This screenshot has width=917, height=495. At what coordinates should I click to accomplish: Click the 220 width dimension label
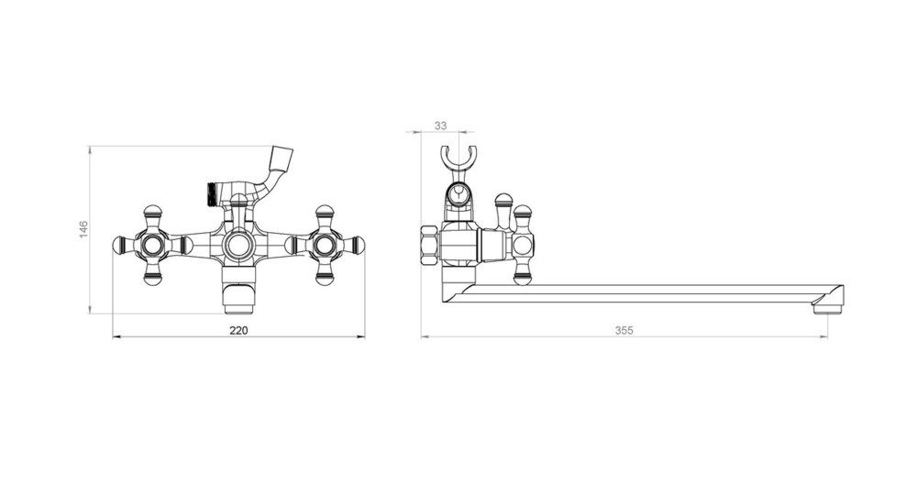coord(238,330)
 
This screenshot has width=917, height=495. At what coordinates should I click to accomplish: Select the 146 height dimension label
coord(83,229)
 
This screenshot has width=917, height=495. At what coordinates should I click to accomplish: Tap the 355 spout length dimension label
coord(624,330)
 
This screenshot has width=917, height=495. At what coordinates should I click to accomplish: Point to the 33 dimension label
coord(441,126)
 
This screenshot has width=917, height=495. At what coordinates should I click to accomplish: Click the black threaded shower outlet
coord(212,194)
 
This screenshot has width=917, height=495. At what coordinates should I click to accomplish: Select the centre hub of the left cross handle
coord(152,245)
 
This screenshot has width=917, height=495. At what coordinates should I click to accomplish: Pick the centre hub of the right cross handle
coord(323,245)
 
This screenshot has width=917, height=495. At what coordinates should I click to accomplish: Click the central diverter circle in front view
coord(238,245)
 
